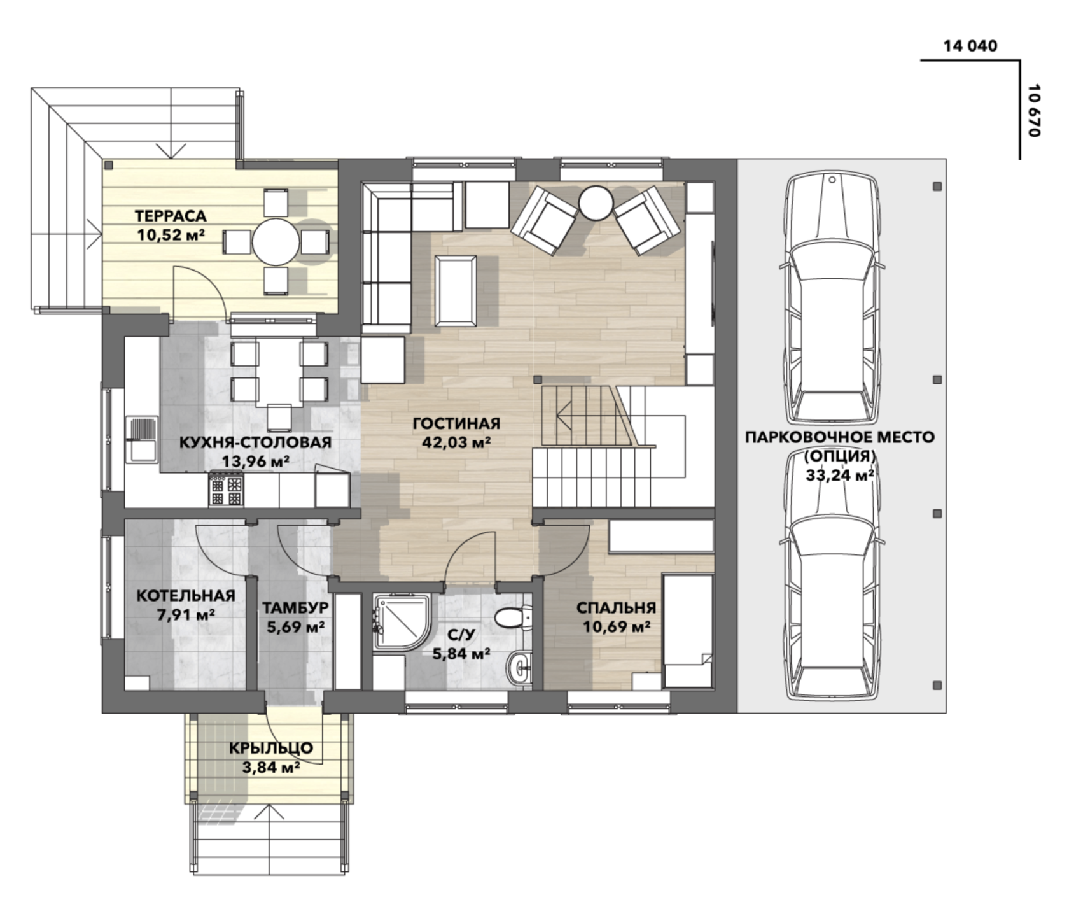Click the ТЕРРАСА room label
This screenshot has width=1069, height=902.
pos(171,216)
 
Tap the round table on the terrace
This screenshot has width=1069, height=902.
pos(276,242)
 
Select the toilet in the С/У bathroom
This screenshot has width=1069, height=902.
pos(512,617)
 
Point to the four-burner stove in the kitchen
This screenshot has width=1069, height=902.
pos(226,490)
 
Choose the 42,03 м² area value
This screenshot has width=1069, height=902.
pos(456,442)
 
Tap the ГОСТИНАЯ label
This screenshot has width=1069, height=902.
pos(456,423)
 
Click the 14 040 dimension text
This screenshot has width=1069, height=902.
pos(970,46)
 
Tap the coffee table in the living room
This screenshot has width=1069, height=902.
pos(456,290)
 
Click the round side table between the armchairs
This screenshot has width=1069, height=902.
pos(596,202)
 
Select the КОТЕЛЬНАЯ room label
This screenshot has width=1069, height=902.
pos(186,596)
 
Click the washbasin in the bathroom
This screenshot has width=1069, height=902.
pos(520,668)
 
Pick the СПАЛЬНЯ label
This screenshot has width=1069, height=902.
pos(616,608)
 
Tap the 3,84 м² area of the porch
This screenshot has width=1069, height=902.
pos(272,767)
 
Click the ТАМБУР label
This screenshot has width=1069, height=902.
pos(296,608)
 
